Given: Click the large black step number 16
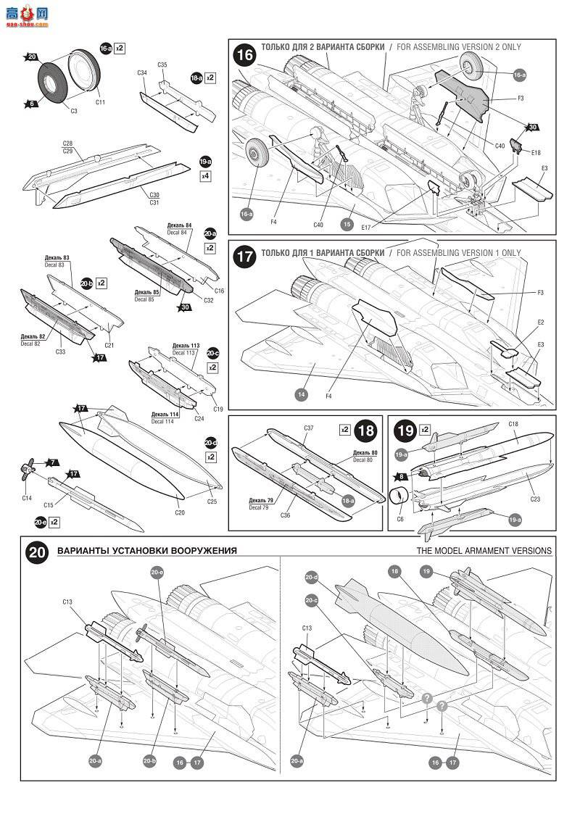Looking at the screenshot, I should (x=245, y=56).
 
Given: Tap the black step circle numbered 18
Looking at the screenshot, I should (x=367, y=431).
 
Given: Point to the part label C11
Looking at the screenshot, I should (x=100, y=102).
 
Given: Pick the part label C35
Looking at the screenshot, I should (x=162, y=65).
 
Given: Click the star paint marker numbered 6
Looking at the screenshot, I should (x=32, y=104).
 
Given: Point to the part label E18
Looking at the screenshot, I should (x=536, y=153).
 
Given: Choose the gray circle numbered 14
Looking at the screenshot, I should (x=302, y=394).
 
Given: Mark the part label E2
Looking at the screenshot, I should (x=540, y=322).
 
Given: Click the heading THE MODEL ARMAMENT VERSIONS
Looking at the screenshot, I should (x=484, y=551).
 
